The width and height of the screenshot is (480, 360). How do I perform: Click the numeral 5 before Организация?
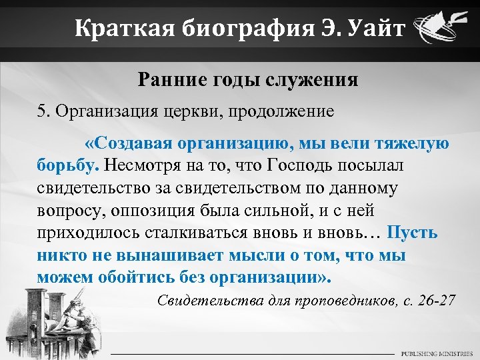point(41,110)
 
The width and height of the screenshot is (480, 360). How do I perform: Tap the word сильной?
point(282,211)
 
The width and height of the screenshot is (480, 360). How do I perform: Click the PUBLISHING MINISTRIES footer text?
point(437,353)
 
